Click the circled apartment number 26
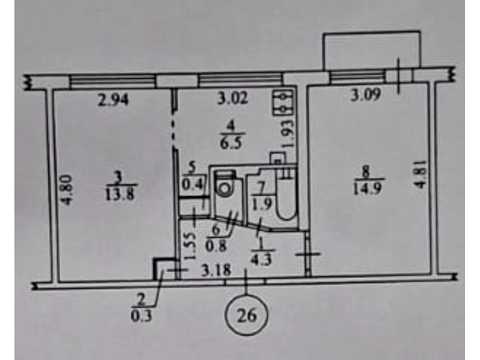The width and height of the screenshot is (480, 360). (247, 315)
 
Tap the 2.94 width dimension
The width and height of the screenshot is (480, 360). (113, 100)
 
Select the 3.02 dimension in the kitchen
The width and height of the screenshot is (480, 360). (233, 98)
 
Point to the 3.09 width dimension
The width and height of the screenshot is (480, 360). (366, 95)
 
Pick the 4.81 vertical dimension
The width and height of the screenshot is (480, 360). (421, 174)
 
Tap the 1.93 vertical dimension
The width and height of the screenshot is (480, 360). (289, 133)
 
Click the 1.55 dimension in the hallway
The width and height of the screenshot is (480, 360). (189, 246)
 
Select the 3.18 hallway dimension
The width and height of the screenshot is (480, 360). (216, 270)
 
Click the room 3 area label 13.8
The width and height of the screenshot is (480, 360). (120, 194)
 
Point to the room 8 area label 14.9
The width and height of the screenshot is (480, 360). (367, 189)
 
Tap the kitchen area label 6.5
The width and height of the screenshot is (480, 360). (231, 143)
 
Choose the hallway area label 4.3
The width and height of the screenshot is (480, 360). (262, 259)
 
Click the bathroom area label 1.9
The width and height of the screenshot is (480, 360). (262, 204)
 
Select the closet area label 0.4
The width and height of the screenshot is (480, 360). (192, 184)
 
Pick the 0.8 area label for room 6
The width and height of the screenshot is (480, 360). (216, 246)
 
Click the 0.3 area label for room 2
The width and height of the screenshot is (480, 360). (141, 315)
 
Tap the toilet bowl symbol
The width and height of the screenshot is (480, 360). (225, 183)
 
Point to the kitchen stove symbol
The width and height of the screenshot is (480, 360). (283, 103)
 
